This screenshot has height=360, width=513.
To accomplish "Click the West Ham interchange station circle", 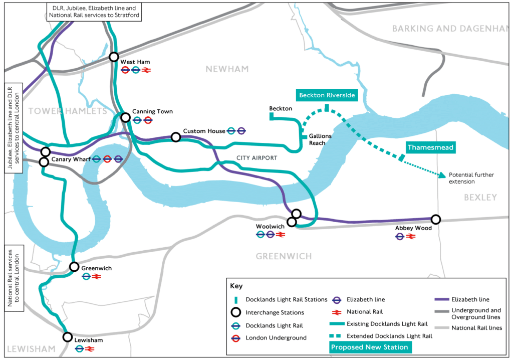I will [x=114, y=57].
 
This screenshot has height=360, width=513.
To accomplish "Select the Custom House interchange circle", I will [x=175, y=137].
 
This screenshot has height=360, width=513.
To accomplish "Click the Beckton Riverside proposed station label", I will [x=327, y=95].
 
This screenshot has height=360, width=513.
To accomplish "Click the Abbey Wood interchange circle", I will [x=436, y=219].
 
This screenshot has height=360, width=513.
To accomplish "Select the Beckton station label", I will [x=280, y=108].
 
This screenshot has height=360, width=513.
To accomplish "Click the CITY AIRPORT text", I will [x=256, y=158].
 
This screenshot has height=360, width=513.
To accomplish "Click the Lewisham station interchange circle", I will [x=68, y=337].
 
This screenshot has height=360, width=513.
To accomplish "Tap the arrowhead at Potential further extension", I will [x=443, y=175].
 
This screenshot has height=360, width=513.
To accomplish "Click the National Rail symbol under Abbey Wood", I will [x=411, y=236].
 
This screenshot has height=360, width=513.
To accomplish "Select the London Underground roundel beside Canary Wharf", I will [x=107, y=159].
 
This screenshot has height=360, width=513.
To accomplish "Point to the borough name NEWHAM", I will [x=227, y=69].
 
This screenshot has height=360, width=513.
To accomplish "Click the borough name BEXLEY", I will [x=480, y=198].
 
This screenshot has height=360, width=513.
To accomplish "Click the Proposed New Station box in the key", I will [x=369, y=347].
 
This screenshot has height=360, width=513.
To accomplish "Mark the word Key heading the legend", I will [x=236, y=286].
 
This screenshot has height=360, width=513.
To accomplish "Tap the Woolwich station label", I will [x=270, y=227].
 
